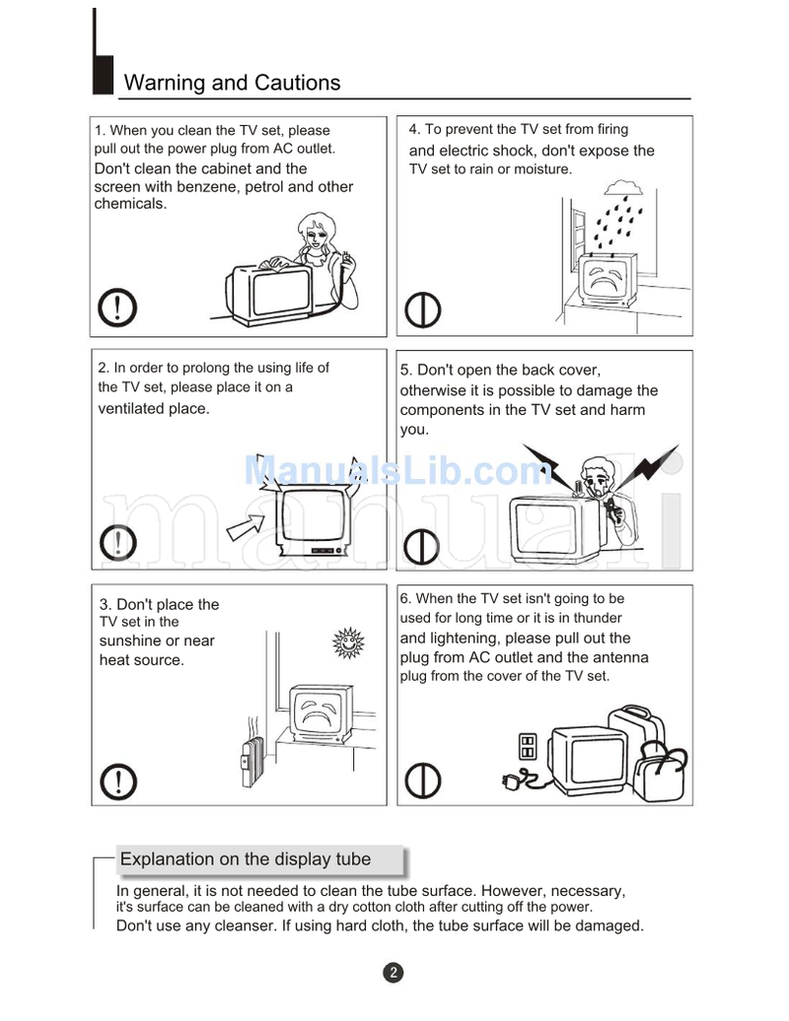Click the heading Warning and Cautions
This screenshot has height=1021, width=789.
[232, 83]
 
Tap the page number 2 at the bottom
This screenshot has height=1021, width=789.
[393, 973]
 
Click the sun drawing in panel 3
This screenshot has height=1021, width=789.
[347, 642]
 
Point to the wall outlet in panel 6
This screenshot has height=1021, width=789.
[528, 745]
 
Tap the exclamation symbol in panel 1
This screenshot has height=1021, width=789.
[118, 308]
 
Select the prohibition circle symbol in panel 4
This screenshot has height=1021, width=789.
[424, 309]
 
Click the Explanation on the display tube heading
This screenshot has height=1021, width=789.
[246, 859]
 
